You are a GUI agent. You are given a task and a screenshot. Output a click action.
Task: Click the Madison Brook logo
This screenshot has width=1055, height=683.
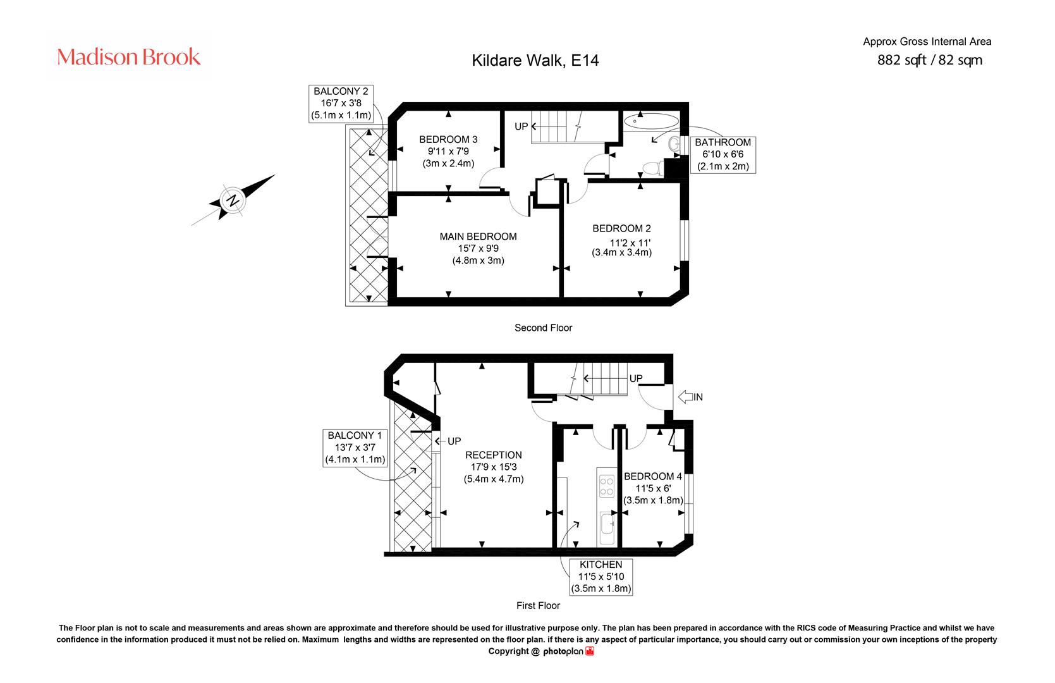coord(128,57)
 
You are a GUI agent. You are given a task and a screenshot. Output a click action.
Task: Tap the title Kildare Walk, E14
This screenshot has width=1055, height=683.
coord(535,60)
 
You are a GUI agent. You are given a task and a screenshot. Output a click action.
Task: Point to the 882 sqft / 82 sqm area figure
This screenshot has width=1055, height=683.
coord(930,60)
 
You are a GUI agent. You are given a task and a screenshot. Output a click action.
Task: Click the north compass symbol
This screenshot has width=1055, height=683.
coord(233,200)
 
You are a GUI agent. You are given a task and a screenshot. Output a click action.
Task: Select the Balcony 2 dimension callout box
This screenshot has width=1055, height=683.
coord(341,104)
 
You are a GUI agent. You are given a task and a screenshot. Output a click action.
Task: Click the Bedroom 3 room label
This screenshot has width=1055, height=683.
coord(448,151)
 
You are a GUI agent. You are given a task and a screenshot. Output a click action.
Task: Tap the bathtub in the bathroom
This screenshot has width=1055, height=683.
coord(651,121)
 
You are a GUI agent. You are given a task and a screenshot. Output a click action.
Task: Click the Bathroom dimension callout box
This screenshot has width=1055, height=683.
coord(723,154)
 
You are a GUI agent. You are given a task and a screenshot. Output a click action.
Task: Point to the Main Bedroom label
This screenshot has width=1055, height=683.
coord(478,249)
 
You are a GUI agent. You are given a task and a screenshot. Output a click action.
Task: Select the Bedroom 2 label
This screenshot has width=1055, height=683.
coord(622,240)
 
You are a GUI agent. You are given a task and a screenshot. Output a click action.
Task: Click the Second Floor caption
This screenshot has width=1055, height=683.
coord(543,328)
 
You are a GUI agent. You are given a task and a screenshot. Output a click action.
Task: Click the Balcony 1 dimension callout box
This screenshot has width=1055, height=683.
coord(355,448)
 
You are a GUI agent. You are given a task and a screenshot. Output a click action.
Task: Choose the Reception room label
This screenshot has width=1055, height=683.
coord(494,467)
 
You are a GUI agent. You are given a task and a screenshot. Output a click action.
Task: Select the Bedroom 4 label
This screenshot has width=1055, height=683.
coord(653,488)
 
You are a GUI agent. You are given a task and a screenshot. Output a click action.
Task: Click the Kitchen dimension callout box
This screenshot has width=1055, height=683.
coord(601,577)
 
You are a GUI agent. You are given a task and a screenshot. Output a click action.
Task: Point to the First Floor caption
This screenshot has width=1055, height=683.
coord(538,606)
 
